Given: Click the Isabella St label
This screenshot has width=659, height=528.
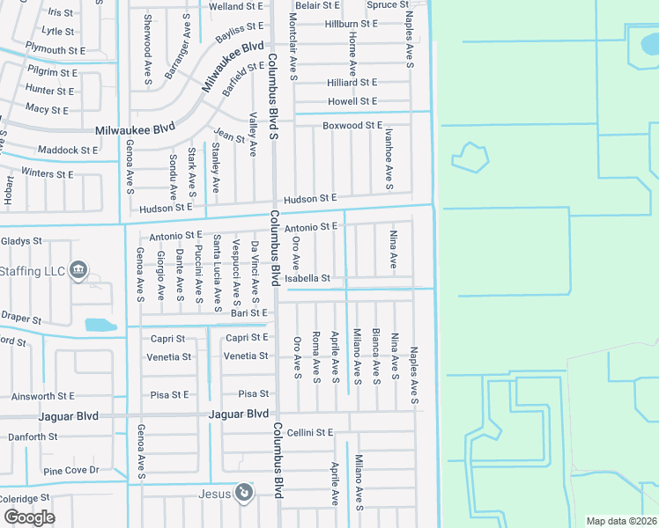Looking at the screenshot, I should click(307, 278).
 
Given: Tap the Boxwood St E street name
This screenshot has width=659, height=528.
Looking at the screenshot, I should click(352, 126).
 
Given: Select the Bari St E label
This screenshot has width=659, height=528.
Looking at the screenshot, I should click(248, 312).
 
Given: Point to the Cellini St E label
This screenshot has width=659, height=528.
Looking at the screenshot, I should click(312, 432).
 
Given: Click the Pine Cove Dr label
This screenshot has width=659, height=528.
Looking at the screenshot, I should click(71, 471).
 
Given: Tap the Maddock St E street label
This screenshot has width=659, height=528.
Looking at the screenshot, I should click(68, 150).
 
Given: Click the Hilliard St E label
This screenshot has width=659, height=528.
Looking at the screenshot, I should click(352, 82).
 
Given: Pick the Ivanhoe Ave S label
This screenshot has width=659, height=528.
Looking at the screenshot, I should click(389, 158).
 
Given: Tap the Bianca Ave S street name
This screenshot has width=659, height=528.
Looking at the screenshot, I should click(376, 356).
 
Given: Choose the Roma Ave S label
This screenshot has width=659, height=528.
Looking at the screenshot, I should click(315, 356).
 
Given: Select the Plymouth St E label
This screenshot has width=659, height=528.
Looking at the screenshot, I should click(57, 49).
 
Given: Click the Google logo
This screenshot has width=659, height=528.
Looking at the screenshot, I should click(29, 517).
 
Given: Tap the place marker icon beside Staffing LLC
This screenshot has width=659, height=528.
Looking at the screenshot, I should click(78, 270).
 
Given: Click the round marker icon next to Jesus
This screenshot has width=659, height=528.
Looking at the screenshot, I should click(244, 493).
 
